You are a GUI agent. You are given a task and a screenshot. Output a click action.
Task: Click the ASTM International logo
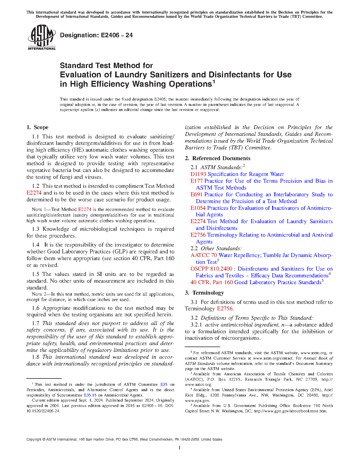click(x=42, y=38)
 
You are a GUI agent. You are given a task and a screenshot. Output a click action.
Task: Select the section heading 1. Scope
click(x=38, y=127)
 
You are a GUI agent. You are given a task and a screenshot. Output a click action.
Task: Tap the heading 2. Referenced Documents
click(x=218, y=158)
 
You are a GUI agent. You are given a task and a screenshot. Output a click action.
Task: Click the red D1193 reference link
click(x=198, y=174)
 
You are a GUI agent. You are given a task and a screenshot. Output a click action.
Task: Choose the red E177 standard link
click(x=197, y=181)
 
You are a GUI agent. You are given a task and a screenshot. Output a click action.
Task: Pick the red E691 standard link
click(x=197, y=195)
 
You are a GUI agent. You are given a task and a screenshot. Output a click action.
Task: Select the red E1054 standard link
click(x=198, y=208)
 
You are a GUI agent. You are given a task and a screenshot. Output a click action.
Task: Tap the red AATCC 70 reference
click(x=204, y=255)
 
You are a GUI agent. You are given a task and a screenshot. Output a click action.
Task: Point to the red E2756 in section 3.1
click(x=225, y=309)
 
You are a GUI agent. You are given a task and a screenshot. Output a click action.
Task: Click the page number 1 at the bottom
click(x=180, y=448)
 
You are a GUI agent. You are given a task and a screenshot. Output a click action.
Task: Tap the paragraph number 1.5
click(x=36, y=274)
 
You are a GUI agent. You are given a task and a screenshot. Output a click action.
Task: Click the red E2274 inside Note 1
click(x=84, y=210)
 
